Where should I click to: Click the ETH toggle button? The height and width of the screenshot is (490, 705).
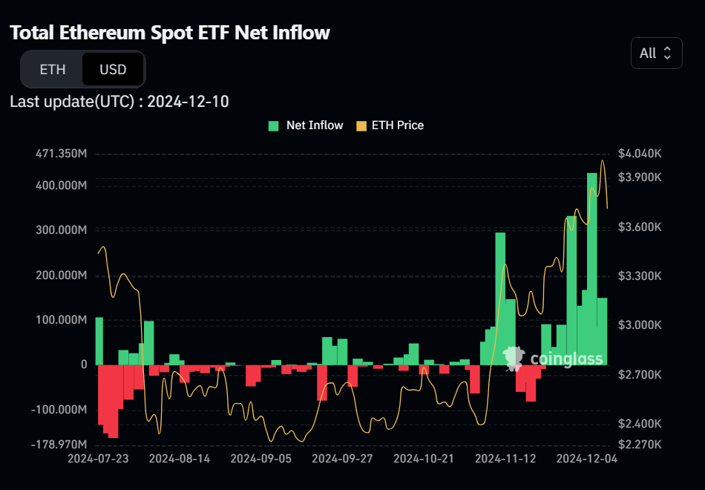(x=52, y=70)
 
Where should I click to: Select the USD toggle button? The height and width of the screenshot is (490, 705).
(x=113, y=70)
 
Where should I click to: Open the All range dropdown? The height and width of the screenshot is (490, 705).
(x=656, y=53)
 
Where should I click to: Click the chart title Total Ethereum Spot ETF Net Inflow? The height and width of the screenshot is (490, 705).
(x=170, y=33)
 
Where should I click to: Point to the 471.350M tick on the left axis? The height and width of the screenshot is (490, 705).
(x=61, y=154)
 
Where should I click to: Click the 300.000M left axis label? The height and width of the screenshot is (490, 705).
(x=61, y=230)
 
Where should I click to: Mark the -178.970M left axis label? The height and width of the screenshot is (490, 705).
(x=59, y=445)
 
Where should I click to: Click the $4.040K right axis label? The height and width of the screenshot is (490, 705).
(x=640, y=154)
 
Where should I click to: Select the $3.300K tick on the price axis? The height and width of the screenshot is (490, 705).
(x=640, y=276)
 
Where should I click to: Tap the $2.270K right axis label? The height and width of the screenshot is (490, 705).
(x=640, y=445)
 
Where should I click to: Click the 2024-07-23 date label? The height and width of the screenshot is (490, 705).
(x=98, y=459)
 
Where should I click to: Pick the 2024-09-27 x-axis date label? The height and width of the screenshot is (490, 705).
(x=342, y=459)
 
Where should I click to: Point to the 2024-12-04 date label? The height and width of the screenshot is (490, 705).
(x=587, y=459)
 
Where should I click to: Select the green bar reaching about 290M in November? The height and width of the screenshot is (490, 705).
(x=500, y=297)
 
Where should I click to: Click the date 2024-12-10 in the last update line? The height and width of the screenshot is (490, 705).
(x=188, y=102)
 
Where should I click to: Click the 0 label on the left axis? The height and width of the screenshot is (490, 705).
(x=84, y=365)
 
